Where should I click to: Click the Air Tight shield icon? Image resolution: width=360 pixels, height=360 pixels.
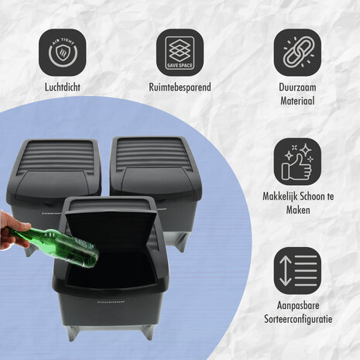point(63,52)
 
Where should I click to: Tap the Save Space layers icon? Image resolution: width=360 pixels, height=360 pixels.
point(180,52)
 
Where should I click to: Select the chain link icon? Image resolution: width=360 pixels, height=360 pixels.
point(297,52)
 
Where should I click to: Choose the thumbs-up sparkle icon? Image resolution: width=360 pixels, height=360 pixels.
point(297,160)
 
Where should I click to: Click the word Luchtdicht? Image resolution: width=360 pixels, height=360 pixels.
point(63,88)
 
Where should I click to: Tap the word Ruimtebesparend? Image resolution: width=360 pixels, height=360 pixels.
point(180,88)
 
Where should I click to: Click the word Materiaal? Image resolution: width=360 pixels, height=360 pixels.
point(297,99)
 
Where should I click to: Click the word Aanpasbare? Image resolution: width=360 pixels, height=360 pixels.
point(297,306)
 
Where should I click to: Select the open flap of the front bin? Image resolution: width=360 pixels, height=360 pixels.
point(116,232)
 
